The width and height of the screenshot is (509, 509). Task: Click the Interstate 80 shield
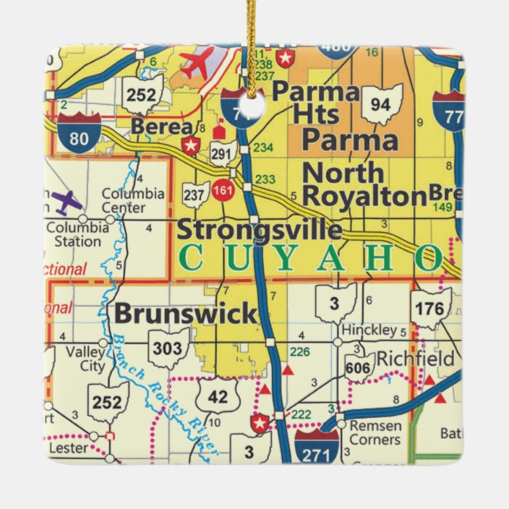[x=80, y=132]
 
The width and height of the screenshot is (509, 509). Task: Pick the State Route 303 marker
[x=168, y=348]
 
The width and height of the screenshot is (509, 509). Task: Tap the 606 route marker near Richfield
[x=359, y=367]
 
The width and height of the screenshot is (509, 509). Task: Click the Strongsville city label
[x=259, y=229]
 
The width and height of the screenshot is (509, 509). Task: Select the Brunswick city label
[x=186, y=314]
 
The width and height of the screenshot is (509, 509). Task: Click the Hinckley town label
[x=369, y=330]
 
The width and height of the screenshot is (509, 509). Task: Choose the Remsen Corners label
[x=375, y=432]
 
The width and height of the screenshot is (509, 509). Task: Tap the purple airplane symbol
[x=67, y=202]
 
